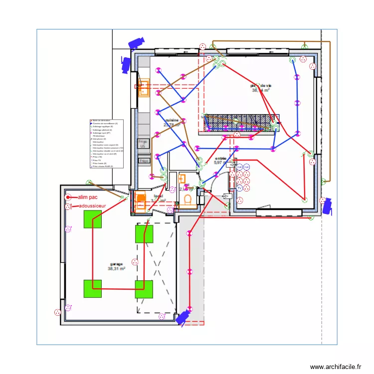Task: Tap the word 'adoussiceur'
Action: click(x=93, y=205)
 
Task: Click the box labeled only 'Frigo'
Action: click(x=144, y=161)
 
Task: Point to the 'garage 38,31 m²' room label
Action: click(x=116, y=267)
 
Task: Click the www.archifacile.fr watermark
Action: click(x=336, y=367)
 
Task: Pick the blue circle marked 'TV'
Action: click(x=239, y=188)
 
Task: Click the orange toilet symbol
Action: click(x=188, y=200)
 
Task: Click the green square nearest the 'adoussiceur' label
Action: click(x=93, y=219)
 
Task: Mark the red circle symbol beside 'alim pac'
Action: click(x=68, y=197)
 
